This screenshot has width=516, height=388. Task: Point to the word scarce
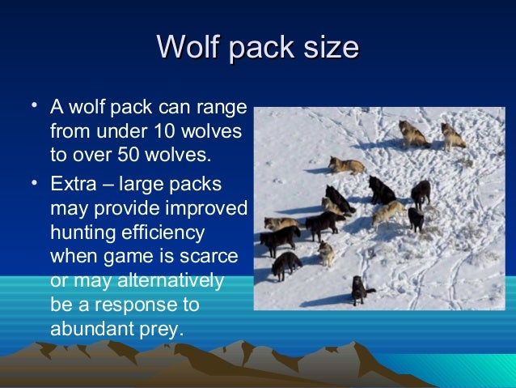click(211, 257)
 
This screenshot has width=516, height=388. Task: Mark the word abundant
click(89, 330)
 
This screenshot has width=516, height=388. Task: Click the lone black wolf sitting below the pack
click(358, 288)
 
